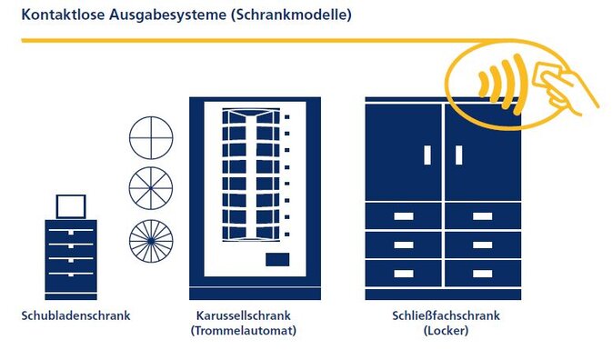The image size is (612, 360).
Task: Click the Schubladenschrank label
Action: [76, 316]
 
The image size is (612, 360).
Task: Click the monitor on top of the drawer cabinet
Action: [71, 206]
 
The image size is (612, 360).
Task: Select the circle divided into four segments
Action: [151, 137]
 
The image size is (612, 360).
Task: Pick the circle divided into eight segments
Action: [151, 188]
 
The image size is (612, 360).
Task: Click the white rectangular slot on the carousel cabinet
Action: [277, 261]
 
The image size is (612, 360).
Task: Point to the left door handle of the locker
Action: [427, 155]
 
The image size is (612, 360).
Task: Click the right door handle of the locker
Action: [459, 155]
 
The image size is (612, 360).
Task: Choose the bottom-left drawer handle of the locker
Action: [404, 274]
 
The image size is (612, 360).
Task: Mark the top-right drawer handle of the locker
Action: [483, 216]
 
